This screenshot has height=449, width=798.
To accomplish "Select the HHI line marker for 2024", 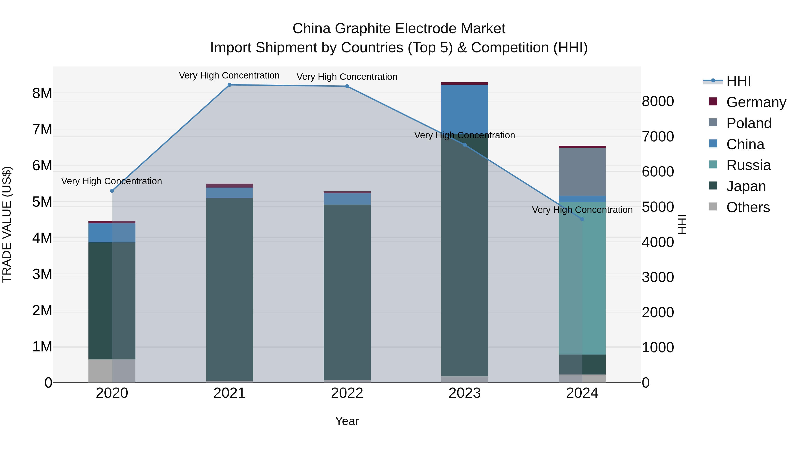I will click(582, 219).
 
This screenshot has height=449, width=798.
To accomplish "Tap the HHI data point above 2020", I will click(112, 191).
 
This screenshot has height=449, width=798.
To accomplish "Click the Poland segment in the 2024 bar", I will click(582, 172).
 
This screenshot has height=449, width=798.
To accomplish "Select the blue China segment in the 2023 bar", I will click(464, 108).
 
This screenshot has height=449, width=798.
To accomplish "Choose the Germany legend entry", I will click(756, 102).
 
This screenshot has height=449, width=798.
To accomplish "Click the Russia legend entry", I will click(748, 165).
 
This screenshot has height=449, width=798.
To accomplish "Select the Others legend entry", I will click(748, 207).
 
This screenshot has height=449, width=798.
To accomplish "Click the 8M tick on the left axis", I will click(42, 93).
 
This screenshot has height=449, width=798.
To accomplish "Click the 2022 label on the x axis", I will click(347, 393).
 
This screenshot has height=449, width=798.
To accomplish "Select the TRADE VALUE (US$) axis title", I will click(7, 224).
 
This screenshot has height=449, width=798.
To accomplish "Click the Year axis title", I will click(347, 421).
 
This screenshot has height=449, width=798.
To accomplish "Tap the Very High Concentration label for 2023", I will click(464, 135).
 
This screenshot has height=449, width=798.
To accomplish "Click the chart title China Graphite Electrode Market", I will click(399, 29).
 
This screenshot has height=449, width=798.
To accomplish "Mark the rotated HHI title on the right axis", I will click(682, 224).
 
